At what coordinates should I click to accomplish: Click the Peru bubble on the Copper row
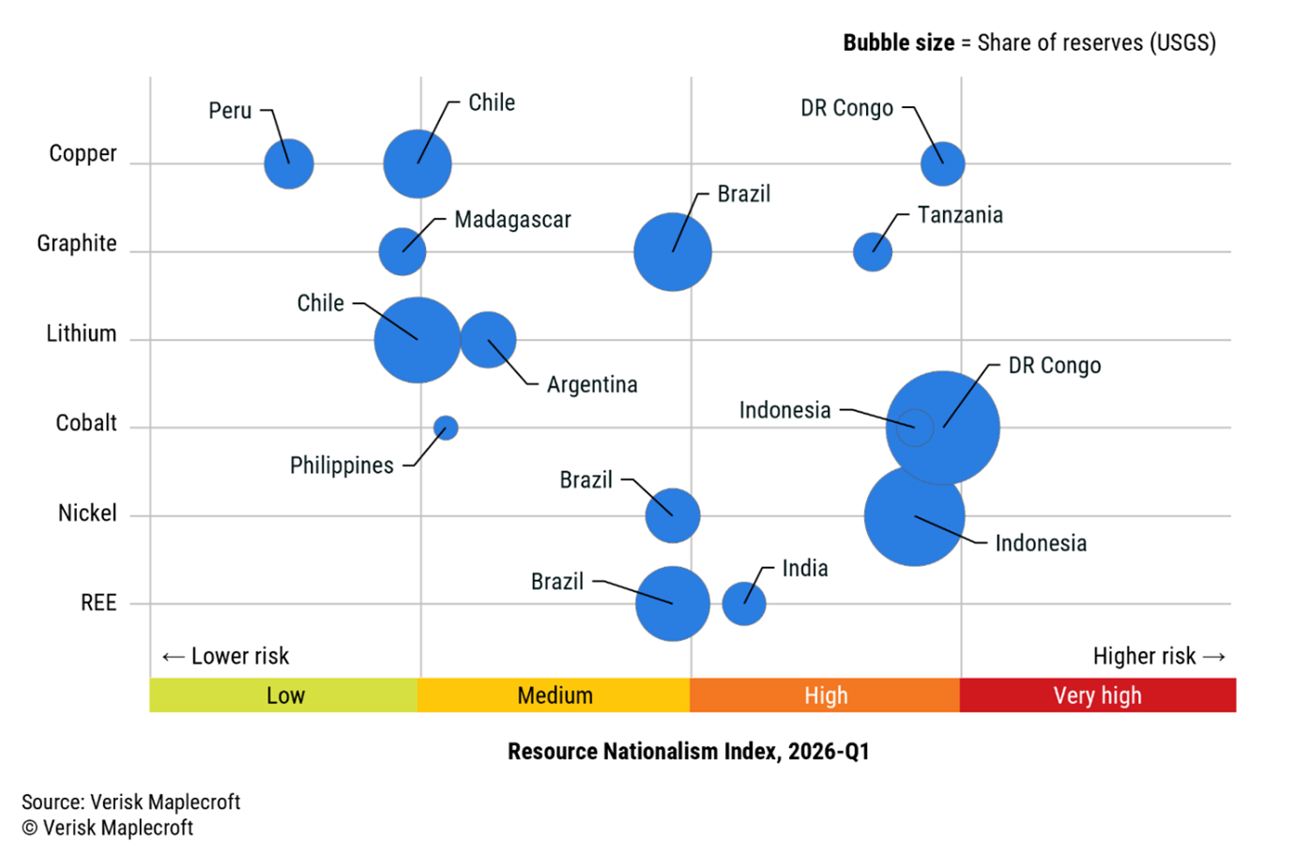(x=288, y=164)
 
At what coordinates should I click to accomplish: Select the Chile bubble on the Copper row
(x=418, y=164)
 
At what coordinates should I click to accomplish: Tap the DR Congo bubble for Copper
(x=942, y=164)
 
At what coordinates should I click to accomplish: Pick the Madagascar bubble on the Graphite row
(x=403, y=252)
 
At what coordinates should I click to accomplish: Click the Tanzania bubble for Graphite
(x=873, y=252)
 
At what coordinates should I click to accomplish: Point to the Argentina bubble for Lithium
(x=489, y=339)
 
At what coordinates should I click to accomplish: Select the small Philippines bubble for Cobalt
(x=446, y=428)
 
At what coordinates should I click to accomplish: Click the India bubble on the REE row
(x=744, y=604)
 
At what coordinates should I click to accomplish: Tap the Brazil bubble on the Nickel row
(x=673, y=515)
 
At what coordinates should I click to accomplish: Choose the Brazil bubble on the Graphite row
(x=673, y=252)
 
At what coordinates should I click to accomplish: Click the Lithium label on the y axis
(x=82, y=333)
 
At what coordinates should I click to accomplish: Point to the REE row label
(x=99, y=603)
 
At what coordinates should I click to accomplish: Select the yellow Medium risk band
(x=555, y=696)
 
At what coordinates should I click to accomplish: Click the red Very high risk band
(x=1097, y=696)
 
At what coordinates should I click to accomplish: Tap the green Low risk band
(x=284, y=696)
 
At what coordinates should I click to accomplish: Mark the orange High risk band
(x=825, y=696)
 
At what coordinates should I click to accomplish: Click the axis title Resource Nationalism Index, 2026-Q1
(x=688, y=751)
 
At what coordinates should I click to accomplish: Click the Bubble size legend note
(x=1028, y=42)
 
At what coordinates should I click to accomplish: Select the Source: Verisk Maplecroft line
(x=130, y=802)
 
